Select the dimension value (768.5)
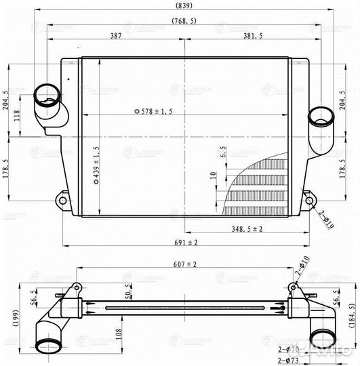(184, 21)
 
